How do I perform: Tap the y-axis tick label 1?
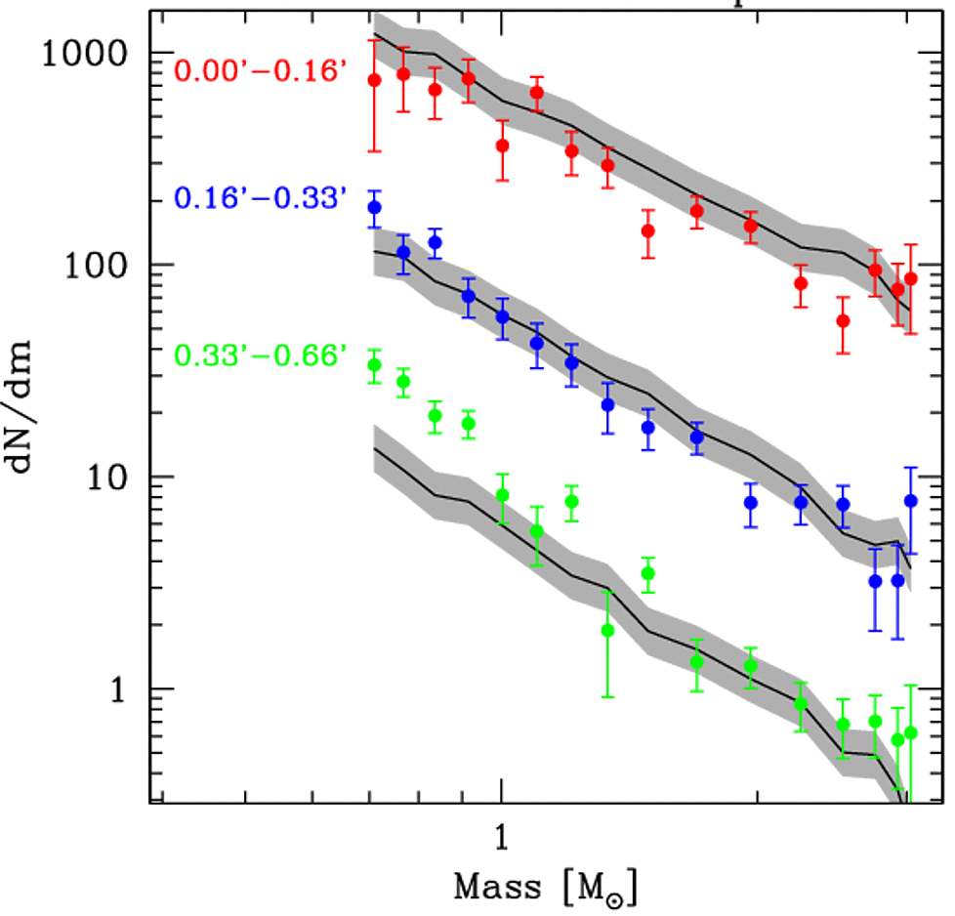[125, 688]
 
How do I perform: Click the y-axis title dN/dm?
[30, 409]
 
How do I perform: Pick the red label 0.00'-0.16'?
[261, 71]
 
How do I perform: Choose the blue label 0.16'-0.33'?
[261, 199]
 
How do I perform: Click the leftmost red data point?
[374, 80]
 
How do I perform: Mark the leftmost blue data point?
[374, 207]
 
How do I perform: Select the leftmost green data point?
[374, 365]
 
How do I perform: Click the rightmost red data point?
[911, 278]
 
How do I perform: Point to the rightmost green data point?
[911, 732]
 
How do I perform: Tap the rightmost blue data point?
[911, 501]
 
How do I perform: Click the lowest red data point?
[844, 320]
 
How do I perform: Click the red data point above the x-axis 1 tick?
[503, 146]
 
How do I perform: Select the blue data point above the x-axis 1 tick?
[503, 316]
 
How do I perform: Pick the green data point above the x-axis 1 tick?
[503, 495]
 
